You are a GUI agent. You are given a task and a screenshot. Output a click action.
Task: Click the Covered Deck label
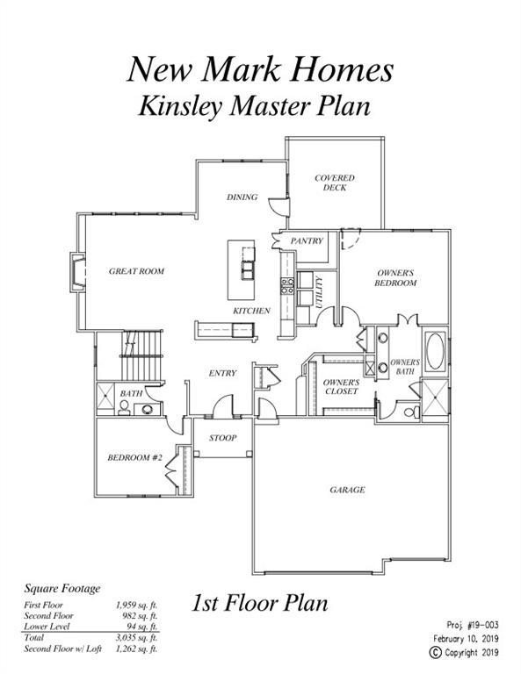tap(334, 183)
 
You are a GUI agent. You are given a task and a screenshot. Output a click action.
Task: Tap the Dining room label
tap(242, 197)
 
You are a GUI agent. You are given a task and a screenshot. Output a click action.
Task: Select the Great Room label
tap(136, 271)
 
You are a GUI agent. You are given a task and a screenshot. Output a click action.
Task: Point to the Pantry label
tap(307, 240)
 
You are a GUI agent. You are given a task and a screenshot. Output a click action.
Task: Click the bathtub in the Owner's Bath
tap(435, 351)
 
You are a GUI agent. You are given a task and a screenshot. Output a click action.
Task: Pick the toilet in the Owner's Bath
tap(412, 412)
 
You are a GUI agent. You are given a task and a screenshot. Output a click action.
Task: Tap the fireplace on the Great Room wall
tap(77, 273)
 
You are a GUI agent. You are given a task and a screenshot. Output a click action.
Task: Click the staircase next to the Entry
tap(142, 355)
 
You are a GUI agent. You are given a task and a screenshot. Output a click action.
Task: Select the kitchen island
tap(242, 270)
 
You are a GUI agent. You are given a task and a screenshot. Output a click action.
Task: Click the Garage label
tap(347, 489)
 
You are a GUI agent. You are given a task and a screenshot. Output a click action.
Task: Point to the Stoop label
tap(222, 438)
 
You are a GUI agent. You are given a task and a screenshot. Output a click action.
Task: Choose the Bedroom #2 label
tap(134, 457)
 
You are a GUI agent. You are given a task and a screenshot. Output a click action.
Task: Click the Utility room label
tap(319, 292)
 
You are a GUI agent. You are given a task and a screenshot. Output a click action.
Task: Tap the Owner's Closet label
tap(341, 386)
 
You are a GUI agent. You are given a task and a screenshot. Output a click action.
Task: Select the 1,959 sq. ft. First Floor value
tap(136, 605)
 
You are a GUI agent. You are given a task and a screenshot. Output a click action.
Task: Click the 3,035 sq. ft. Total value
tap(136, 637)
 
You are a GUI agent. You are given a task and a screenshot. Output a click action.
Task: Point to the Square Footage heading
tap(62, 589)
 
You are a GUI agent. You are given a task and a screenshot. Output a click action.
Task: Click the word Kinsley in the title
tap(182, 105)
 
